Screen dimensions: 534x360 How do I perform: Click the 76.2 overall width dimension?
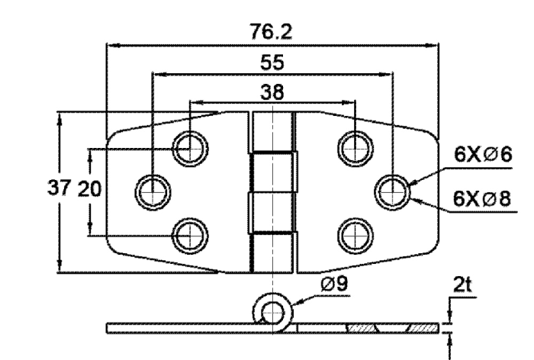coord(271,32)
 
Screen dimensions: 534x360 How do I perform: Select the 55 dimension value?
coord(272,63)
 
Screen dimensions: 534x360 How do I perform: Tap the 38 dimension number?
coord(272,92)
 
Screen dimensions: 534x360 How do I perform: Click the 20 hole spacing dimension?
coord(90,188)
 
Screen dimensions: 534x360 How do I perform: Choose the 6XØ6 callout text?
coord(483,154)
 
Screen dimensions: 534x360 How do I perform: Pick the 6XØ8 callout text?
coord(482,198)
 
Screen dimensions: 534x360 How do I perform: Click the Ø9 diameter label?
coord(334,284)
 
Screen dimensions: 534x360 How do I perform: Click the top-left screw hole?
coord(190,149)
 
